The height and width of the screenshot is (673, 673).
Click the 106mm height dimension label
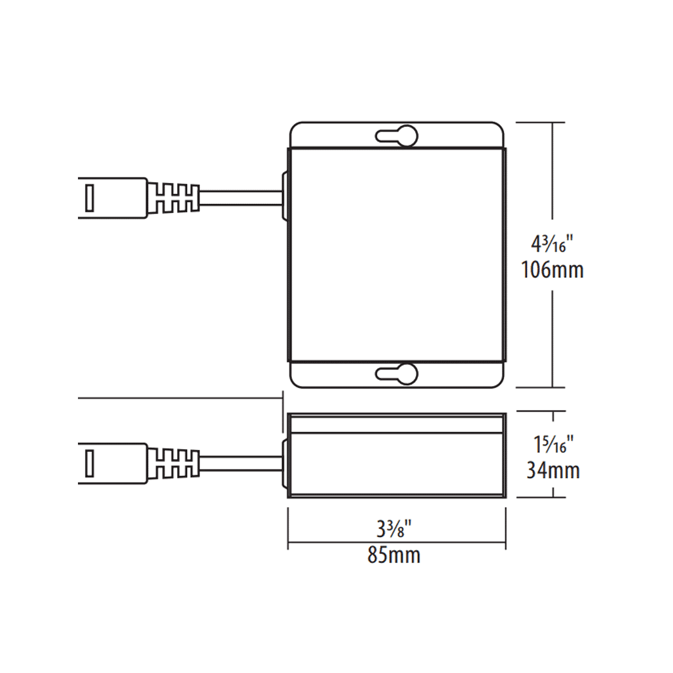(x=552, y=270)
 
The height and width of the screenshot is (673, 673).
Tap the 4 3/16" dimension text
(x=552, y=244)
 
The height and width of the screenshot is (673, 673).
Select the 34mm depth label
(x=553, y=470)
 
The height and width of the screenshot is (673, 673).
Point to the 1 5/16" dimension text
(x=553, y=445)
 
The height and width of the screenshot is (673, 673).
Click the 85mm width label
(x=394, y=555)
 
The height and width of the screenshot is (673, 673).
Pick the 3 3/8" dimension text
(x=394, y=528)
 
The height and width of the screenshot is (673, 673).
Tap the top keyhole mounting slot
(x=397, y=136)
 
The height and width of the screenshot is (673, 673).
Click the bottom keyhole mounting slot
(x=397, y=374)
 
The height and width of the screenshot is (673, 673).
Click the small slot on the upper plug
(x=89, y=198)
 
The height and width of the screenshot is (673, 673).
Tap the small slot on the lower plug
(x=89, y=463)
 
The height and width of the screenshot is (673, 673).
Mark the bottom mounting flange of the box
(x=336, y=374)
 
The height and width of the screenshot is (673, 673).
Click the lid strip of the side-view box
(x=397, y=424)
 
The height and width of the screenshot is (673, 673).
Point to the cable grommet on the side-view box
(x=284, y=463)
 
